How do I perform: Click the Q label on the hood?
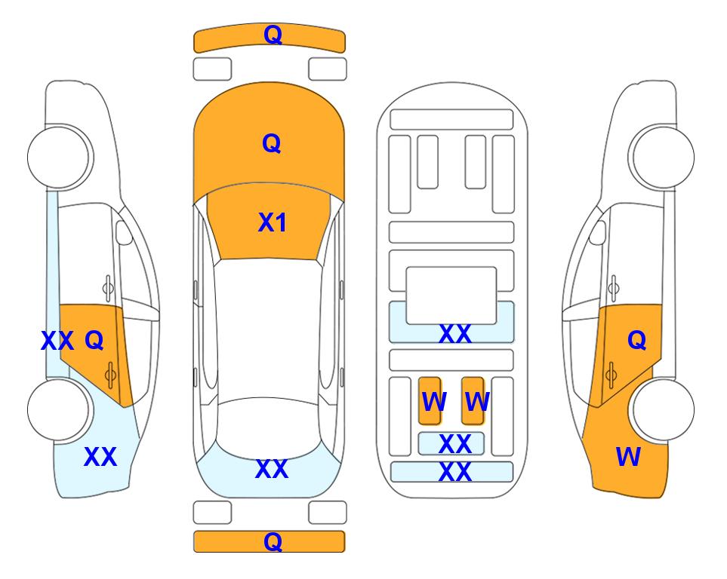coord(271,143)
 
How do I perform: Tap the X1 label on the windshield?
coord(272,222)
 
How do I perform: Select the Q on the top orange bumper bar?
coord(272,35)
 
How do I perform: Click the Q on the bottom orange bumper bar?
coord(272,541)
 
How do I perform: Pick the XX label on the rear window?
coord(271,469)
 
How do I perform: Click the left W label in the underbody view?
coord(433,402)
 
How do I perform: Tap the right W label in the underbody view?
coord(477,402)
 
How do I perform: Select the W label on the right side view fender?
coord(628,457)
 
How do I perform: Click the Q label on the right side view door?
coord(636,341)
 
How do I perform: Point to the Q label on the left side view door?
coord(94,340)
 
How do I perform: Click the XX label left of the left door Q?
coord(57,342)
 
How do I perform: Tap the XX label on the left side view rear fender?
coord(100,457)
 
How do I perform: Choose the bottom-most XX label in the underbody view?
coord(454,473)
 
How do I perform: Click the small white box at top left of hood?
coord(212,69)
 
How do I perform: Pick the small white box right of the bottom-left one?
coord(328,513)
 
